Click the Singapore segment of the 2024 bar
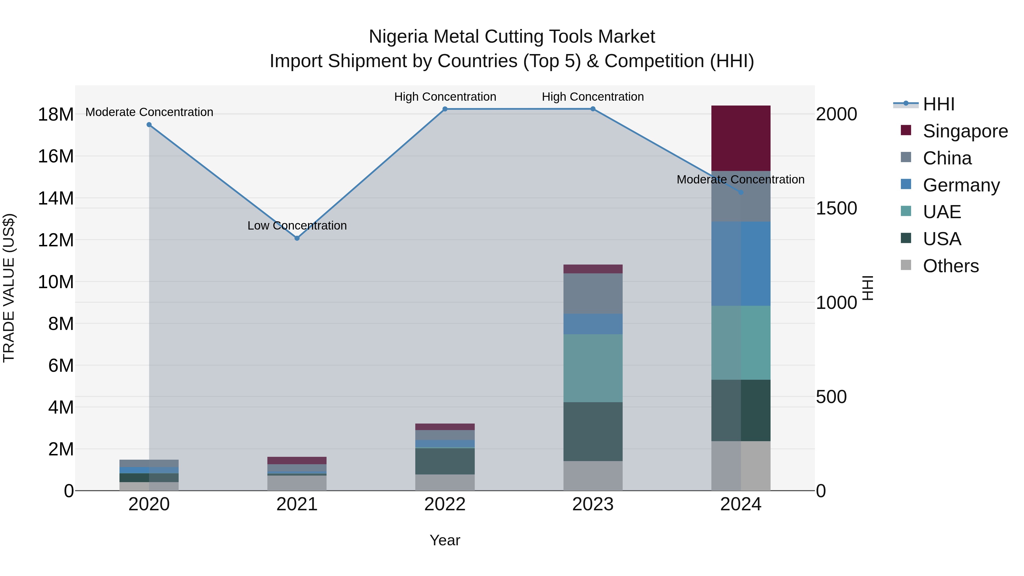[741, 138]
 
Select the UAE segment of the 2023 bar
[593, 368]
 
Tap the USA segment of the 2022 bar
[445, 461]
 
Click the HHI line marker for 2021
[297, 238]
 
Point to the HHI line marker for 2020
[149, 124]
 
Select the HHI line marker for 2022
[445, 109]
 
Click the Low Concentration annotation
[297, 225]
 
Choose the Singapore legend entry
[965, 131]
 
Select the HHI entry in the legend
[938, 104]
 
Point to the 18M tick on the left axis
[56, 114]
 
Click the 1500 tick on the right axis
[836, 208]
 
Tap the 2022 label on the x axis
[445, 504]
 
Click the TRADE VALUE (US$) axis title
[9, 288]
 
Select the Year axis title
[445, 540]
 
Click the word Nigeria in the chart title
[398, 37]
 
